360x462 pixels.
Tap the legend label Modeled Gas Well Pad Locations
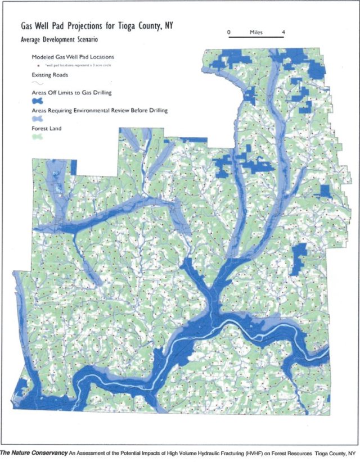click(73, 57)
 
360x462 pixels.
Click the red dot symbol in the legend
click(37, 65)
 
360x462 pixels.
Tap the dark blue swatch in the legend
click(38, 101)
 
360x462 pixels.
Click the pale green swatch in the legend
click(38, 137)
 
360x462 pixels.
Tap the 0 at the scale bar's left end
click(228, 33)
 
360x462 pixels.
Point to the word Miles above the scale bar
click(256, 33)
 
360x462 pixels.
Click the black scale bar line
click(256, 38)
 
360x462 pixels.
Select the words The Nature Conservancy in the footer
click(33, 452)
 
